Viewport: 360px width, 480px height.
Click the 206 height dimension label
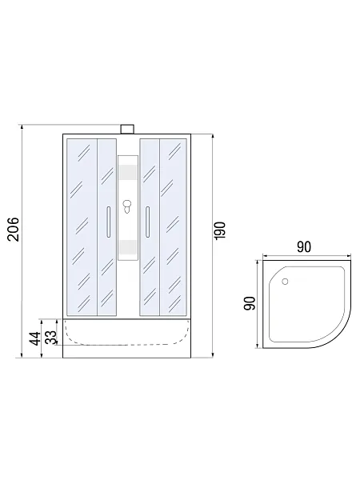14,230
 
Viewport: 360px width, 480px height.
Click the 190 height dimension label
220,230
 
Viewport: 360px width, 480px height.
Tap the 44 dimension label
36,338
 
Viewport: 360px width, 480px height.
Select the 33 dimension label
51,338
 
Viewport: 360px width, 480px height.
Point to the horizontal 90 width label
304,247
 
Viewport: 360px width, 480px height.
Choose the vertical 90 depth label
250,303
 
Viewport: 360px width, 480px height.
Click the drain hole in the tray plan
285,282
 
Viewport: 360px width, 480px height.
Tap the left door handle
108,222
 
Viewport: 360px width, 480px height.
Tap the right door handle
147,222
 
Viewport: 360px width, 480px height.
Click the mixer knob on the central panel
126,206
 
